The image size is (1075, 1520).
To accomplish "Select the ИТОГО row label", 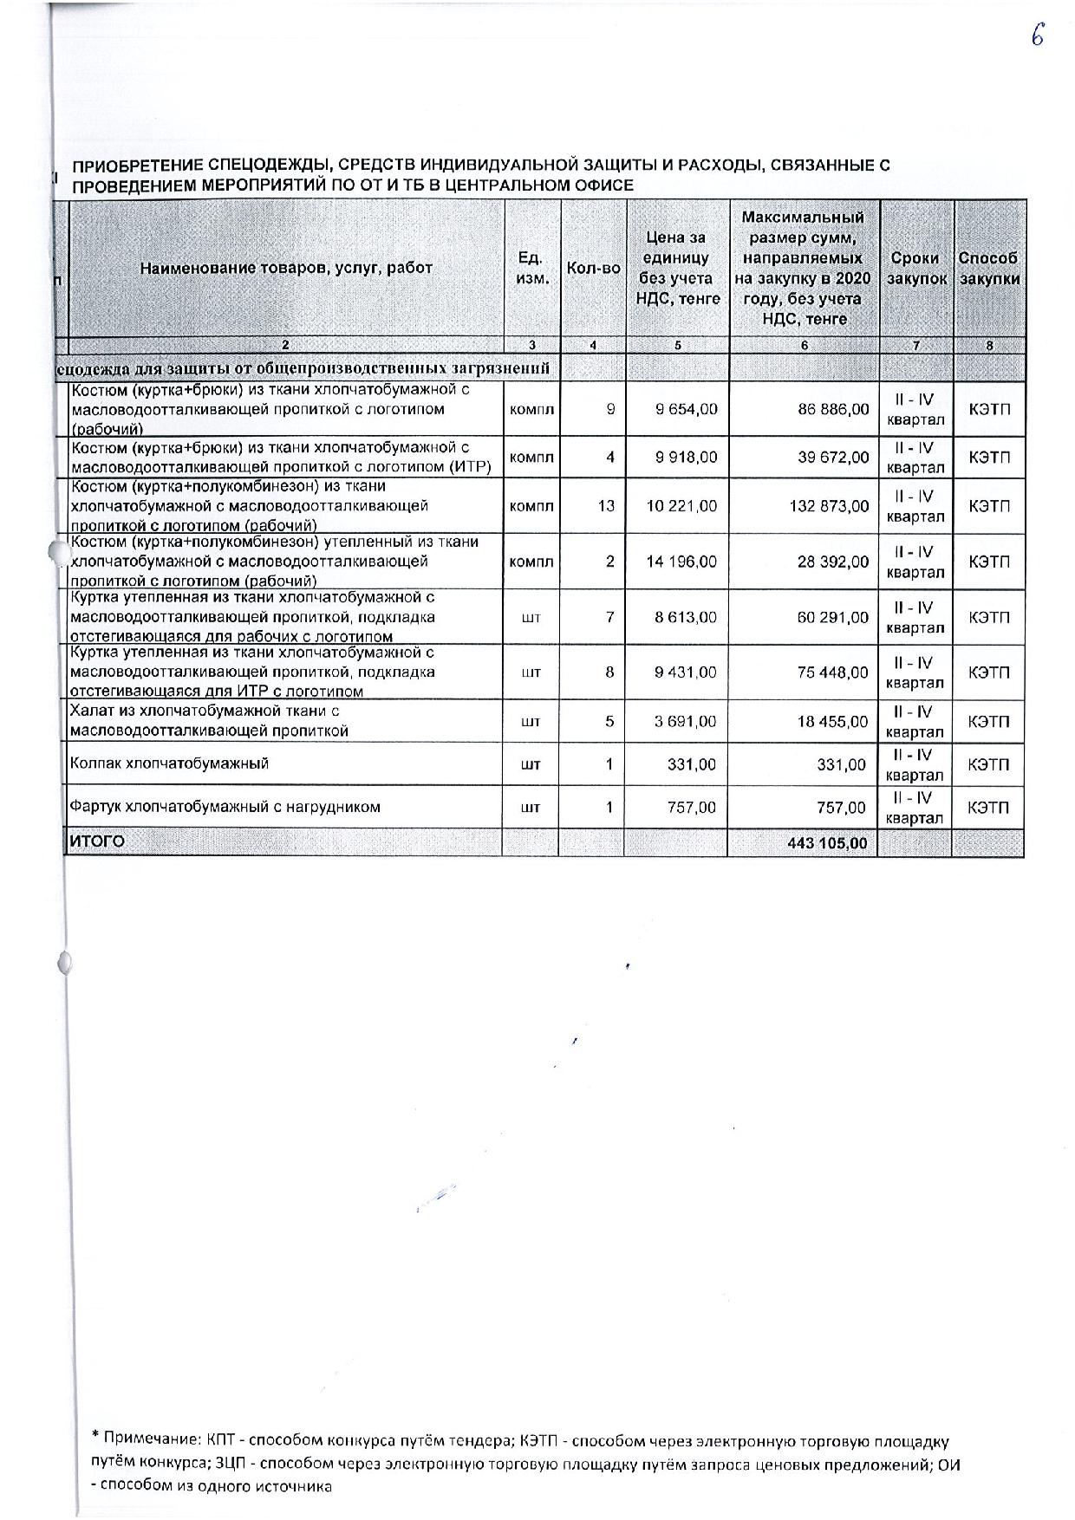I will point(97,841).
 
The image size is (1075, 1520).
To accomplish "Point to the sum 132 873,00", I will point(829,505).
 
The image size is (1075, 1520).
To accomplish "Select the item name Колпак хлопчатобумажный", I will point(169,763).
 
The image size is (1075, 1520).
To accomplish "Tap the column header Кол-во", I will point(593,268).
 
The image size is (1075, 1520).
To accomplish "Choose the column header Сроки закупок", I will point(916,269).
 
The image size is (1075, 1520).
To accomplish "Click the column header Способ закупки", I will point(988,269).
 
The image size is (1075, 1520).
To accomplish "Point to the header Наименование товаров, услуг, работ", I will point(286,268).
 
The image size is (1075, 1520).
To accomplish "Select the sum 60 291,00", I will point(832,618).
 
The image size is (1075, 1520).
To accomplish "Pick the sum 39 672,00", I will point(833,457).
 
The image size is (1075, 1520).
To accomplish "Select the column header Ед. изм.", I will point(531,268).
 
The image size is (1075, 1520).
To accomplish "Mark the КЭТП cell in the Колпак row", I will point(988,765).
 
